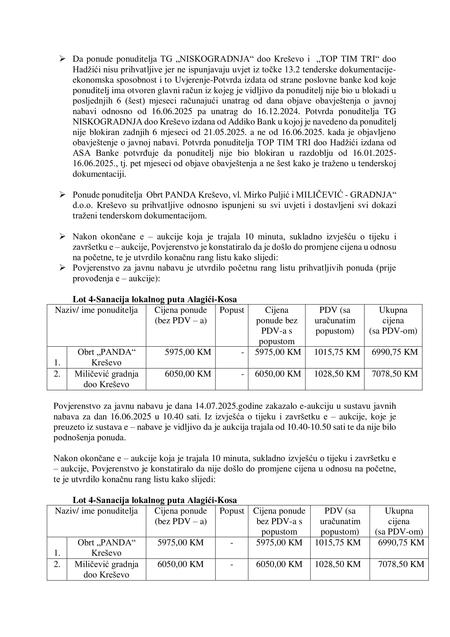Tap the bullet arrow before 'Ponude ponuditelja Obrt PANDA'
(x=62, y=195)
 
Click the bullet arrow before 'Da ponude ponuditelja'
(x=62, y=59)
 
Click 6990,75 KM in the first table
(x=394, y=352)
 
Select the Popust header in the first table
(x=232, y=310)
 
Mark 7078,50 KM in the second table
(x=401, y=564)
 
